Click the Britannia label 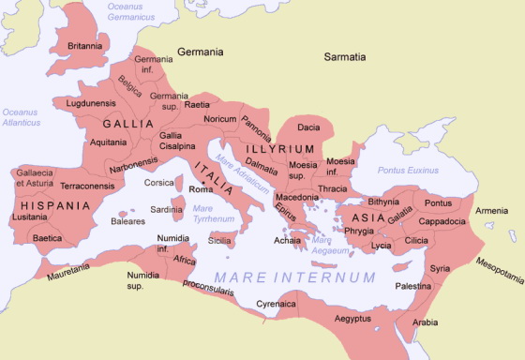coord(83,45)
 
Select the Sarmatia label coord(344,57)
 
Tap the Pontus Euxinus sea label coord(408,171)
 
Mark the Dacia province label coord(308,127)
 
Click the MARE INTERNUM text coord(294,277)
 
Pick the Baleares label coord(128,222)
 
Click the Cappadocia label coord(441,221)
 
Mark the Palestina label coord(412,285)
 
